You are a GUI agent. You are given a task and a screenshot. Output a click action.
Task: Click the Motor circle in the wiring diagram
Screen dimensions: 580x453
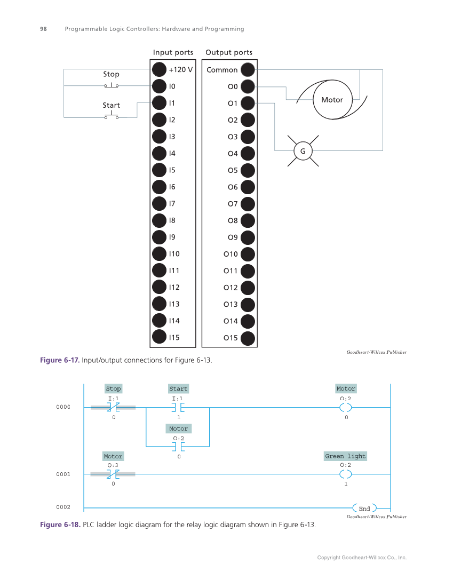click(x=332, y=100)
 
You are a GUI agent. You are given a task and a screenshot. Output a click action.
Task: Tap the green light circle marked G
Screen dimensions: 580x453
click(x=303, y=151)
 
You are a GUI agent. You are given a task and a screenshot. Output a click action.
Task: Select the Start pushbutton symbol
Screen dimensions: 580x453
click(x=111, y=116)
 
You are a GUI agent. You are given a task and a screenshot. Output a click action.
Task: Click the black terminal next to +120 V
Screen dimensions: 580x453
click(x=159, y=69)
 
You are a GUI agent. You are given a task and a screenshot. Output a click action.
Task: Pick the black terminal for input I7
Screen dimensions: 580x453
click(x=159, y=203)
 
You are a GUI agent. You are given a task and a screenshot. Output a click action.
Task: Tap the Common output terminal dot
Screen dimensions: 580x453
click(x=248, y=70)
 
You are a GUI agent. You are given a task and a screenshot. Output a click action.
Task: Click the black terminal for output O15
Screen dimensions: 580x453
click(x=248, y=338)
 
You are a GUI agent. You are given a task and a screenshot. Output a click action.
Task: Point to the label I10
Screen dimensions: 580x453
click(x=174, y=254)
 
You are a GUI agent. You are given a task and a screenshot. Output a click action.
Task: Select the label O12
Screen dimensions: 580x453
click(x=231, y=288)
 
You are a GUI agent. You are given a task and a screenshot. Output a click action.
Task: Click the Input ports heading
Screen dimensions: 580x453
click(x=173, y=52)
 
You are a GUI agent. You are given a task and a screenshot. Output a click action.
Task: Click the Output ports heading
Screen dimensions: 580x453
click(x=229, y=52)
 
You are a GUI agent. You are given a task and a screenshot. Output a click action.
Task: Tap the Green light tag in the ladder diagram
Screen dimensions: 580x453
click(x=346, y=456)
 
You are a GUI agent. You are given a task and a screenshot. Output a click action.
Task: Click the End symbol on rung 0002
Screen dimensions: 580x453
click(x=364, y=509)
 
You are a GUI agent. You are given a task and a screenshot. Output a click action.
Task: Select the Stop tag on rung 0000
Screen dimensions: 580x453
click(x=113, y=388)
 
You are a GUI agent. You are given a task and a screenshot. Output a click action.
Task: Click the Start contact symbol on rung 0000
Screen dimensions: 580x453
click(x=178, y=408)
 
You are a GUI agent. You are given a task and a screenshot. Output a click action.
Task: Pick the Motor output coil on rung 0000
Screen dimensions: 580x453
click(x=346, y=408)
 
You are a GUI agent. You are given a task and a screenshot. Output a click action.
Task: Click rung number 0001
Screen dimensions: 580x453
click(x=63, y=474)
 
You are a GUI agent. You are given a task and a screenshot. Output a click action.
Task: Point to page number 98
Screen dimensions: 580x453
click(x=43, y=29)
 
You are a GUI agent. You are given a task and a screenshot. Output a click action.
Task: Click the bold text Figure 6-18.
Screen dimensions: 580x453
click(x=60, y=525)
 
